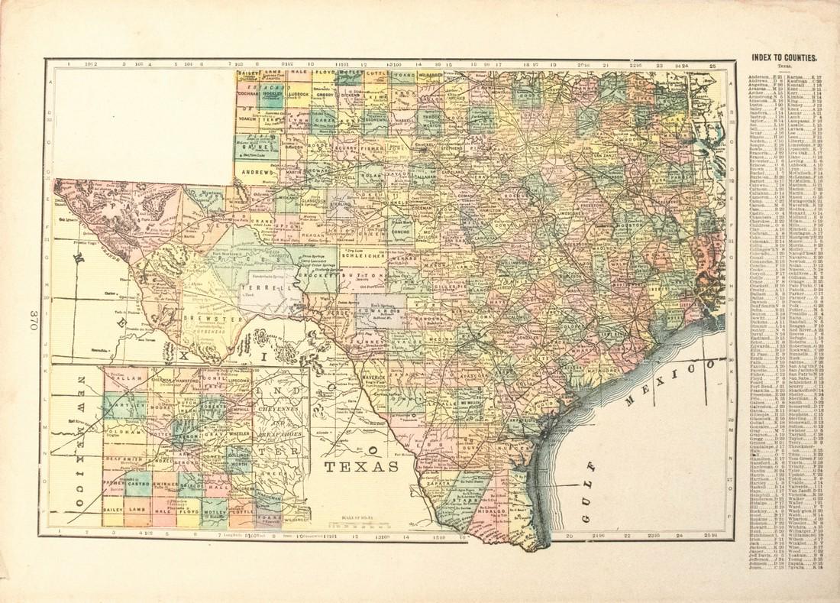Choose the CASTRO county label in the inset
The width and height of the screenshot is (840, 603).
[x=139, y=484]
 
